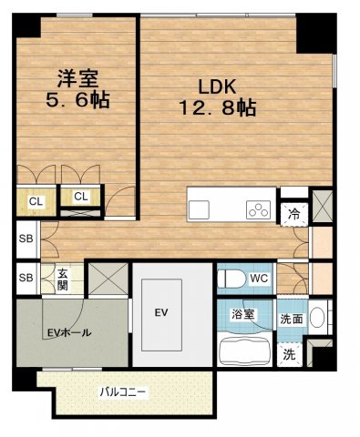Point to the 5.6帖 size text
(x=78, y=100)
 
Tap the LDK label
(x=218, y=87)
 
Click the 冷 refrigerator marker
(x=293, y=212)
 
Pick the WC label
(x=257, y=277)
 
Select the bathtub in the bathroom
(x=245, y=348)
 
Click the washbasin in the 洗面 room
(x=316, y=320)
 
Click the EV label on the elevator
(x=160, y=313)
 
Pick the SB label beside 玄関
(x=26, y=278)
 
